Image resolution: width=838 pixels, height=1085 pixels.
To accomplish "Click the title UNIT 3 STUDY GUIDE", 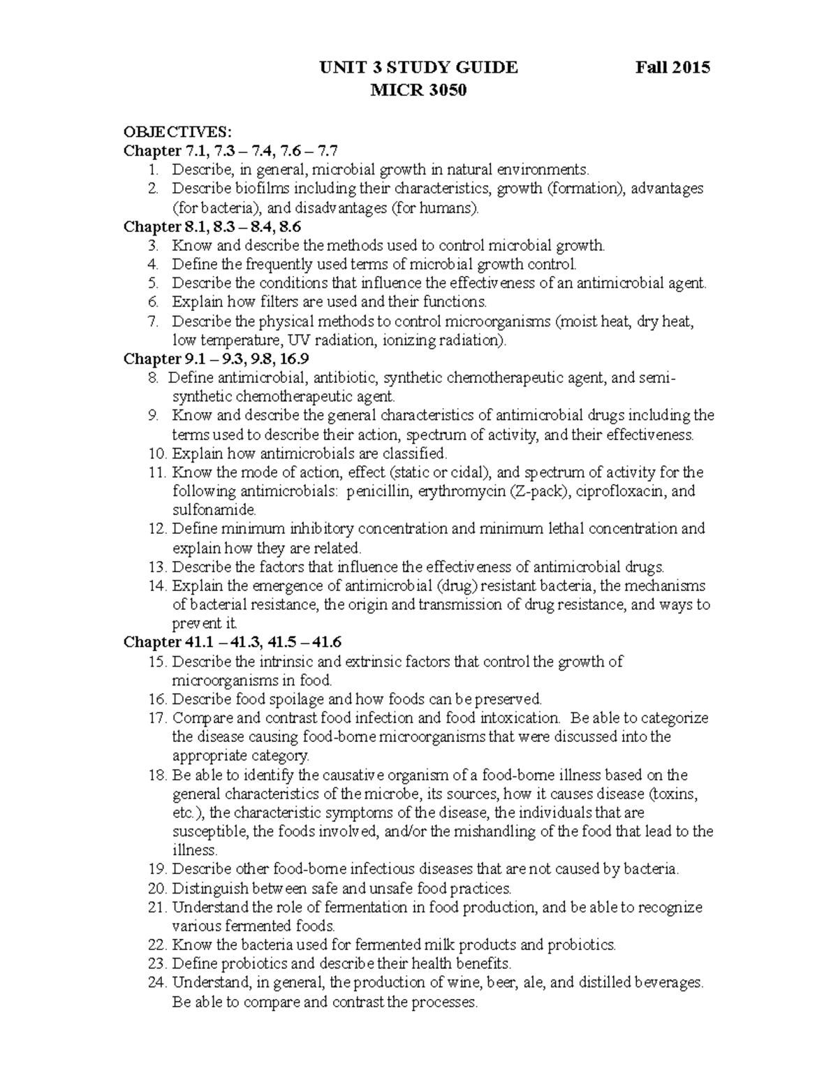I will (x=418, y=68).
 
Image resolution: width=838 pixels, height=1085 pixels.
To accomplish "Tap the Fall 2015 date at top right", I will (x=672, y=68).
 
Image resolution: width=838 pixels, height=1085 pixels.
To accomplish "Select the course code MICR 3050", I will (x=418, y=91).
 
